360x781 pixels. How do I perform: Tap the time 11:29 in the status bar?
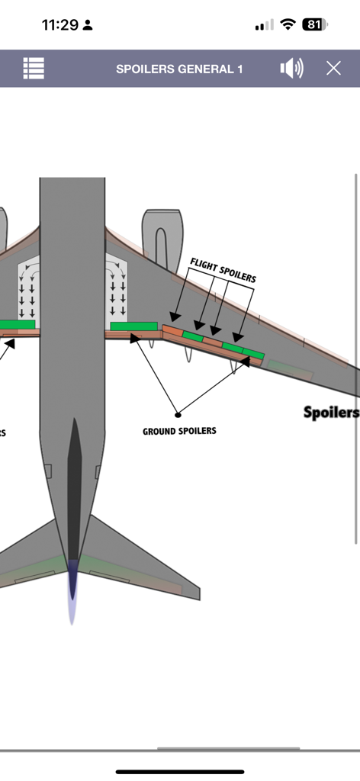tap(60, 25)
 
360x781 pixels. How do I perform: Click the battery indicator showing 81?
tap(314, 24)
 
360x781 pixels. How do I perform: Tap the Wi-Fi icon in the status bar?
tap(288, 24)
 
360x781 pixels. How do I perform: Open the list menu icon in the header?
tap(34, 69)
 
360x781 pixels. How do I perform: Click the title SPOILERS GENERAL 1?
tap(179, 69)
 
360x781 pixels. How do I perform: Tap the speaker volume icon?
tap(291, 69)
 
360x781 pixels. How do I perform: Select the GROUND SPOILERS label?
tap(179, 431)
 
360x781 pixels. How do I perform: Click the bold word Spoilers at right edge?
tap(331, 413)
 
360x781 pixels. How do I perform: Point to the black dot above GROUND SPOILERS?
tap(178, 415)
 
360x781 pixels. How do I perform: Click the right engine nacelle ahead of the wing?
tap(162, 233)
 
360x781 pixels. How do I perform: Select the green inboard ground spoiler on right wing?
tap(133, 326)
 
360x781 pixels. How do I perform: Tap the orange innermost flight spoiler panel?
tap(172, 331)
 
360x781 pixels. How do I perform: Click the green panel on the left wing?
tap(17, 325)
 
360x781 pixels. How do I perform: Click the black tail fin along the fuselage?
tap(74, 488)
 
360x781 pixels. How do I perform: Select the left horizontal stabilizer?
tap(27, 561)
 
